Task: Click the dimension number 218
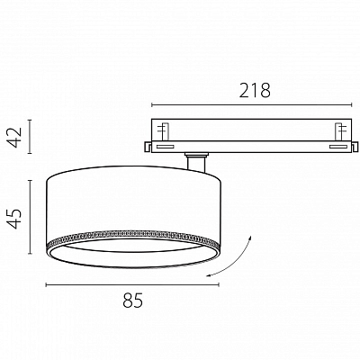(255, 90)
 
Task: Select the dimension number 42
(15, 137)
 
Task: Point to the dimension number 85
(133, 300)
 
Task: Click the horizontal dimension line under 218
(251, 105)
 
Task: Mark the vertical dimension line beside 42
(30, 137)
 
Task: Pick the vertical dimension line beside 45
(30, 217)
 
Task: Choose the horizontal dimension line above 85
(132, 284)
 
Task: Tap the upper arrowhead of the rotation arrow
(250, 238)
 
